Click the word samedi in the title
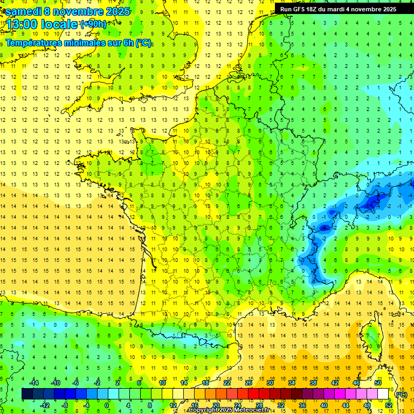(24, 11)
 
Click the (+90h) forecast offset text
(93, 24)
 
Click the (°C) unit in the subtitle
(143, 43)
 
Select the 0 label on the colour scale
(107, 405)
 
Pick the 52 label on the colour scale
(389, 405)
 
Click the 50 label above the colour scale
(378, 383)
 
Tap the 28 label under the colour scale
(259, 405)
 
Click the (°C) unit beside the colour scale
(401, 394)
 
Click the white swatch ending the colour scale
(383, 394)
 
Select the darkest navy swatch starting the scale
(27, 394)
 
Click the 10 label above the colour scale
(162, 383)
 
